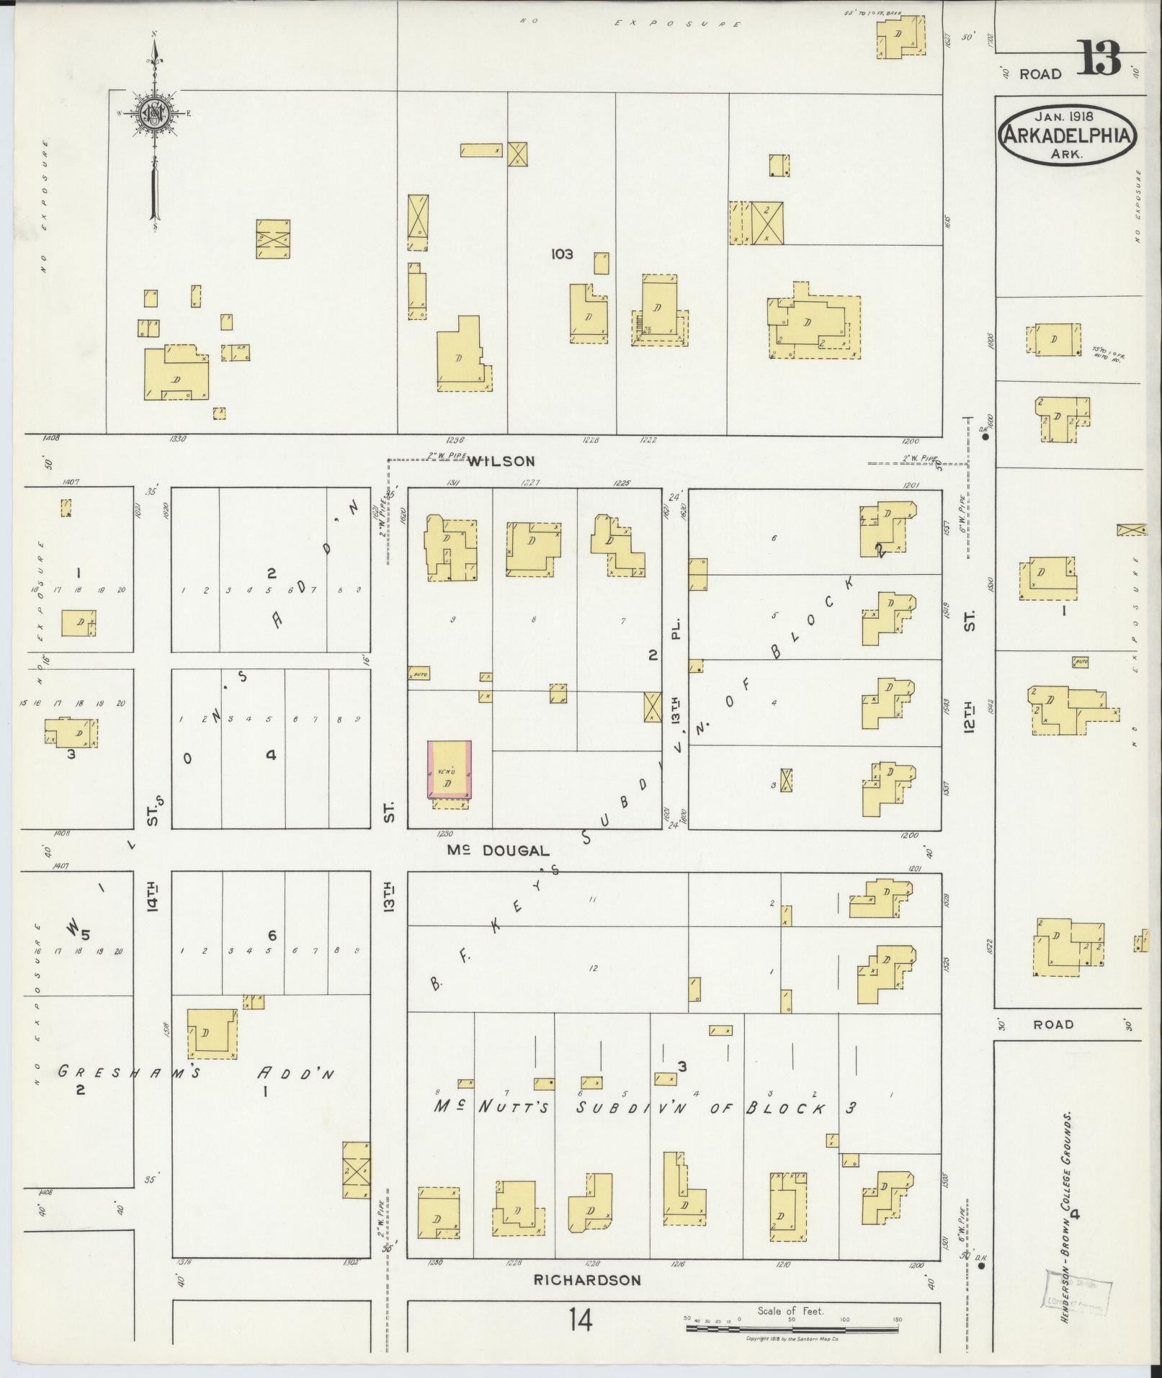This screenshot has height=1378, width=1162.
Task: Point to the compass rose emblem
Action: coord(153,112)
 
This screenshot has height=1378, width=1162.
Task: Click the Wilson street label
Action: coord(501,462)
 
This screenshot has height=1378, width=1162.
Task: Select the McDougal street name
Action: coord(498,851)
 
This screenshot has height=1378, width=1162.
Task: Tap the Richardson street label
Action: coord(586,1280)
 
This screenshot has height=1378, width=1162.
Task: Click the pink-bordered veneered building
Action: coord(450,769)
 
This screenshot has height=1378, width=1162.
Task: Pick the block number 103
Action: coord(561,254)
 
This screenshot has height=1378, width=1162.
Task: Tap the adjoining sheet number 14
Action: coord(580,1320)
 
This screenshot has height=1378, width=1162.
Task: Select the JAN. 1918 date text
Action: coord(1065,115)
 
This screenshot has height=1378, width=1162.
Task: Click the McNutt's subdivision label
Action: coord(493,1107)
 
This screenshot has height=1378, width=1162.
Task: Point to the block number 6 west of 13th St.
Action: coord(272,936)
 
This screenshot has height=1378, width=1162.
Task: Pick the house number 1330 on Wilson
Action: coord(177,439)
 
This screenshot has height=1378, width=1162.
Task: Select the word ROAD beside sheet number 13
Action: coord(1040,74)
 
